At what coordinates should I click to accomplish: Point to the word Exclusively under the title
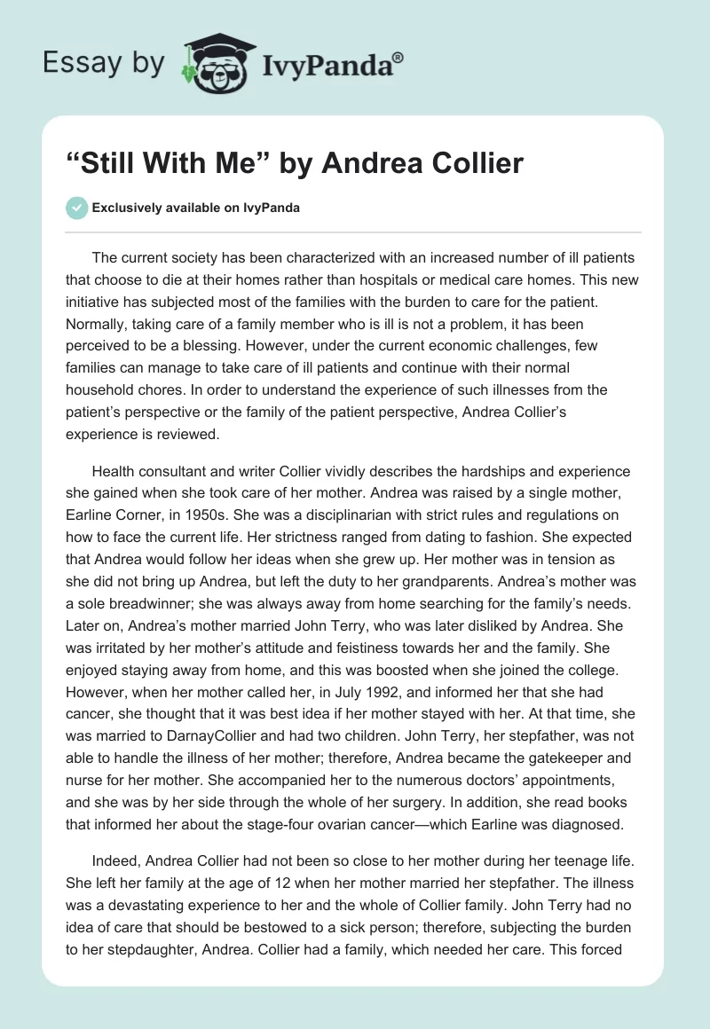[130, 208]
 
